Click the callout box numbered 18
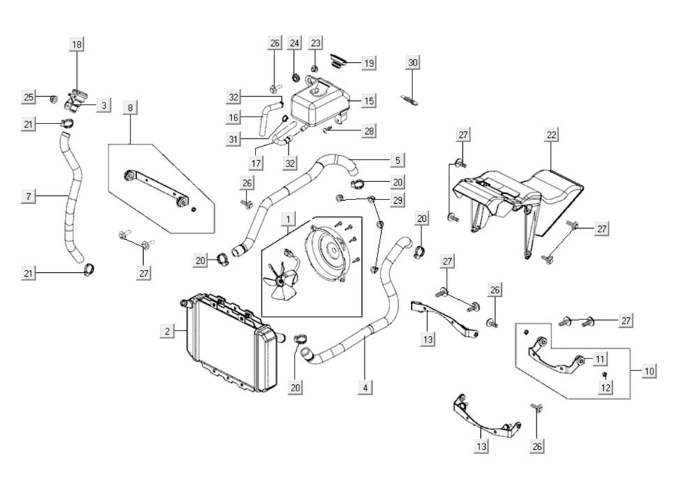pyautogui.click(x=77, y=45)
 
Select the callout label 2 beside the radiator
pyautogui.click(x=168, y=331)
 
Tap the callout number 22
pyautogui.click(x=552, y=135)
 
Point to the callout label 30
pyautogui.click(x=413, y=63)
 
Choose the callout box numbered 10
pyautogui.click(x=649, y=370)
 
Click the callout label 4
pyautogui.click(x=365, y=386)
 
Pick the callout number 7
pyautogui.click(x=29, y=197)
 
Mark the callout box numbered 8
pyautogui.click(x=130, y=107)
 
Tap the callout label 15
pyautogui.click(x=369, y=101)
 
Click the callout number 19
pyautogui.click(x=369, y=63)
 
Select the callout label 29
pyautogui.click(x=396, y=201)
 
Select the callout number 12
pyautogui.click(x=606, y=386)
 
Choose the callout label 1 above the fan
pyautogui.click(x=288, y=220)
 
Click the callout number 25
pyautogui.click(x=29, y=97)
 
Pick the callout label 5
pyautogui.click(x=397, y=160)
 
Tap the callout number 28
pyautogui.click(x=369, y=131)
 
